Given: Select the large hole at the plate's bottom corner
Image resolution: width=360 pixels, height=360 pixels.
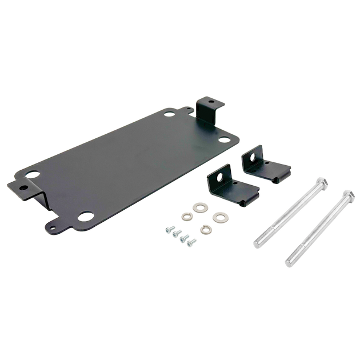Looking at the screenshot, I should point(87,217).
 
